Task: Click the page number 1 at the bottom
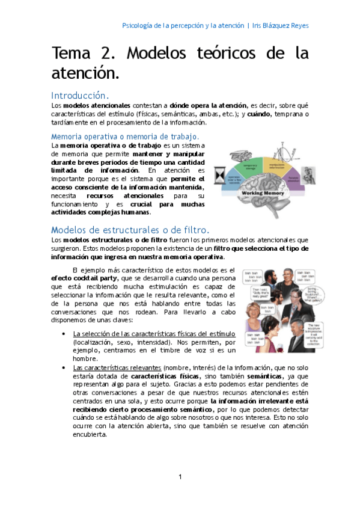point(180,477)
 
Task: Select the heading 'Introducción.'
point(80,96)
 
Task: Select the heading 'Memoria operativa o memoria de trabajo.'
point(125,137)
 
